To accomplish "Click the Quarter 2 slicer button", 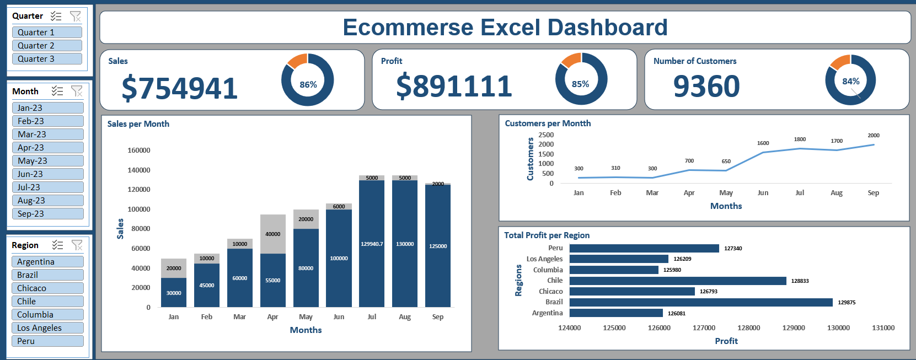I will [x=47, y=46].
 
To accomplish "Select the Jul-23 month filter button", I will [x=47, y=187].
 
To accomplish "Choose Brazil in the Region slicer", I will [x=47, y=275].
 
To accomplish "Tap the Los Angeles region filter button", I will [x=47, y=328].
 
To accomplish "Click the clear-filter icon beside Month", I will [x=77, y=91].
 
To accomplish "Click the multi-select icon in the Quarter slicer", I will [x=56, y=16].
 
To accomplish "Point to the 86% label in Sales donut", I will [x=308, y=85].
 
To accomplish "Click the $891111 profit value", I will [x=454, y=87].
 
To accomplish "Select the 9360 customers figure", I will [x=706, y=87].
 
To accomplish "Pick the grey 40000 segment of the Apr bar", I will [x=273, y=234].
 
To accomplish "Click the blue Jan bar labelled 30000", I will [x=174, y=293].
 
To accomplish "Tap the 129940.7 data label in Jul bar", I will [x=372, y=244].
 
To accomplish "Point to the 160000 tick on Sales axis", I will [x=138, y=151].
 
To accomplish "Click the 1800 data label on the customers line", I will [x=800, y=139].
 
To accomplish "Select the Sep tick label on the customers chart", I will [x=873, y=193].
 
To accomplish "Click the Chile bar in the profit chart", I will [x=678, y=281].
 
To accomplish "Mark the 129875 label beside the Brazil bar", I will [x=847, y=303].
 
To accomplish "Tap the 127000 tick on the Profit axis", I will [x=704, y=328].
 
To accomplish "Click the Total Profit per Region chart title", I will [x=547, y=235].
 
